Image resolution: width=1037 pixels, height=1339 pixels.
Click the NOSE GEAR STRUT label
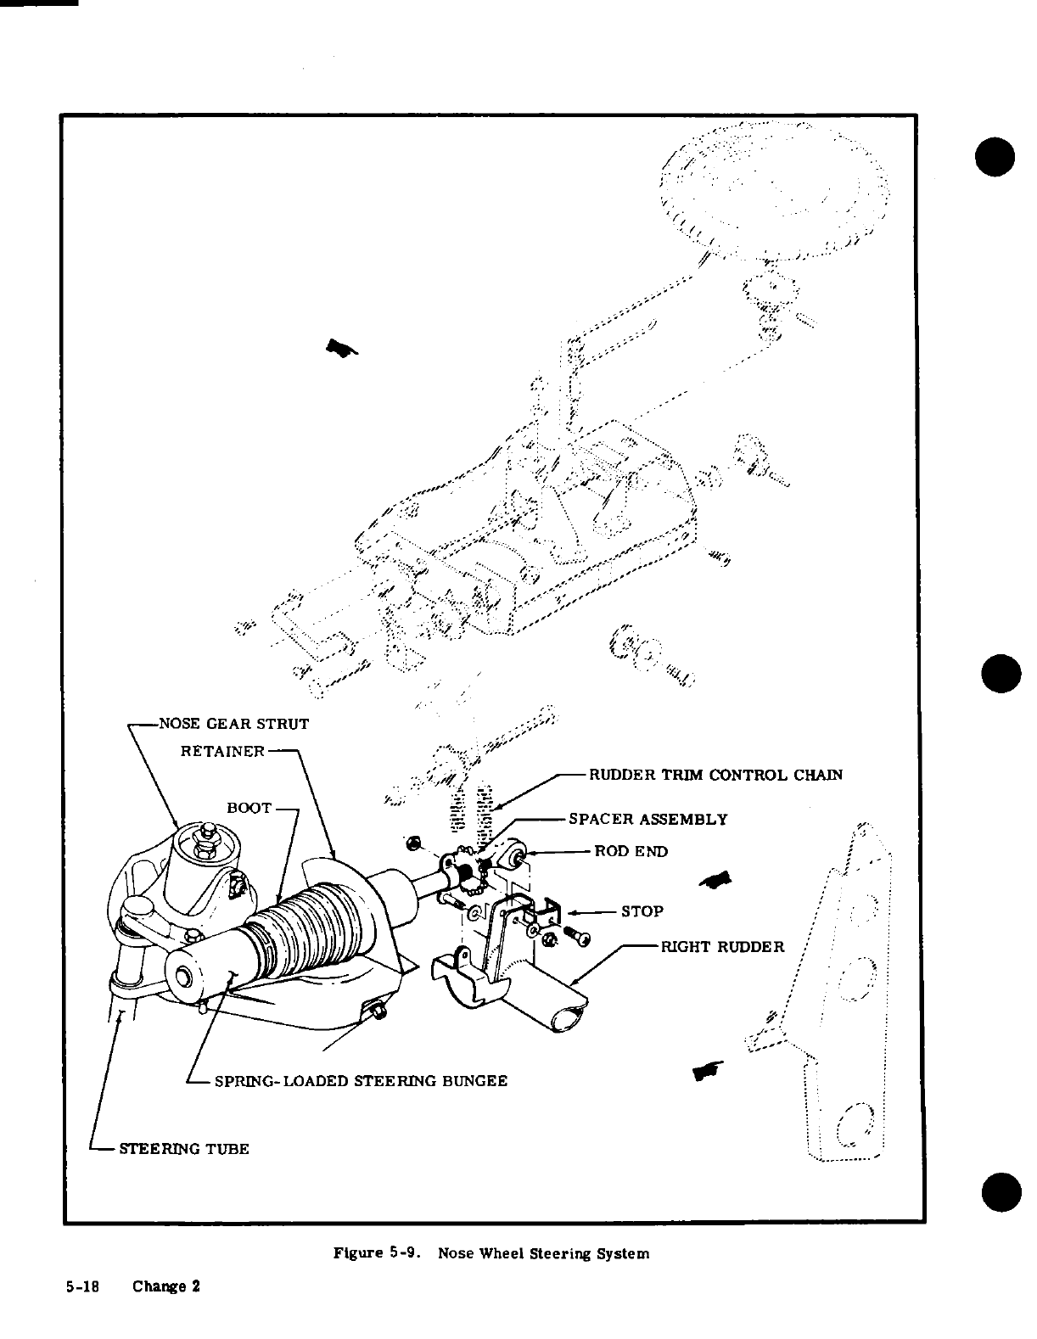(233, 724)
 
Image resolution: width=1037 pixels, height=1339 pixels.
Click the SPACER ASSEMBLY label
(647, 819)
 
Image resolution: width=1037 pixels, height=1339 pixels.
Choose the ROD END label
(631, 851)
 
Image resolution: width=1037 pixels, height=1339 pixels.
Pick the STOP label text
(642, 911)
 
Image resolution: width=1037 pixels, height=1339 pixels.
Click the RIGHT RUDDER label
(723, 946)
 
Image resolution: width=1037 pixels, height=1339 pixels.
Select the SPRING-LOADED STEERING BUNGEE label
(361, 1080)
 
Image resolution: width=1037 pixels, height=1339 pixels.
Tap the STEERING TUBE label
(183, 1149)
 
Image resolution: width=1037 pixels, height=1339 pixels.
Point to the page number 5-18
(83, 1286)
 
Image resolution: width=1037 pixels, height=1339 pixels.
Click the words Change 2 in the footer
(166, 1286)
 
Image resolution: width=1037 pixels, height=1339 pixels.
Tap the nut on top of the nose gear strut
(204, 835)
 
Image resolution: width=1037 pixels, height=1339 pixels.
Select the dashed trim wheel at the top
(774, 191)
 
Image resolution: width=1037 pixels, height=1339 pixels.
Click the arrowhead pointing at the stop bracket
(573, 912)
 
